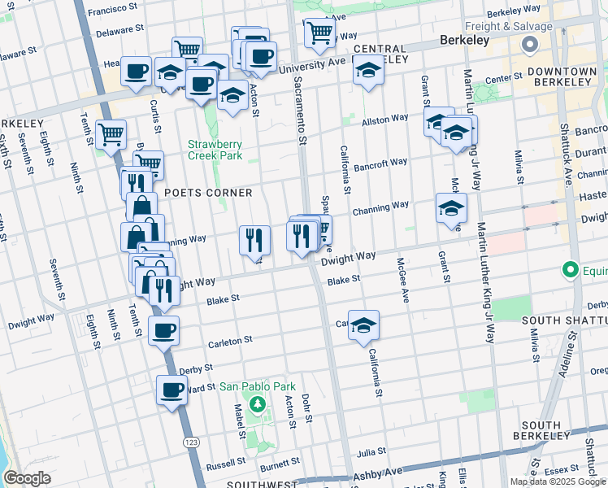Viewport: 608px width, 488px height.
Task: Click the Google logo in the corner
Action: (26, 478)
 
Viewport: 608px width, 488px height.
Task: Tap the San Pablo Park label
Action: (256, 387)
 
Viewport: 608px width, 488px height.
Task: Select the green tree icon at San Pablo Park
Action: (258, 403)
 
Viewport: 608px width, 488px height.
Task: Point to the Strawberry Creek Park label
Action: (215, 149)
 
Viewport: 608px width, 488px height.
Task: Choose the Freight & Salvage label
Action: (523, 27)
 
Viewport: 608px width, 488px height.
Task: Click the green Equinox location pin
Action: (571, 269)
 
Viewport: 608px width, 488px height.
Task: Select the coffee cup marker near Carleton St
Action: (163, 331)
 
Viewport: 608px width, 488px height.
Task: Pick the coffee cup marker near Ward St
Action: (172, 390)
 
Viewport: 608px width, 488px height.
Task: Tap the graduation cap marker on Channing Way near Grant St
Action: (451, 209)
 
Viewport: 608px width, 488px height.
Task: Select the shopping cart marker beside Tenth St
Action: (111, 134)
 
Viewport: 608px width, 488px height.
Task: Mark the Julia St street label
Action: (370, 451)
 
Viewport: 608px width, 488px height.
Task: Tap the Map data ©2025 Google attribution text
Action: (558, 481)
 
